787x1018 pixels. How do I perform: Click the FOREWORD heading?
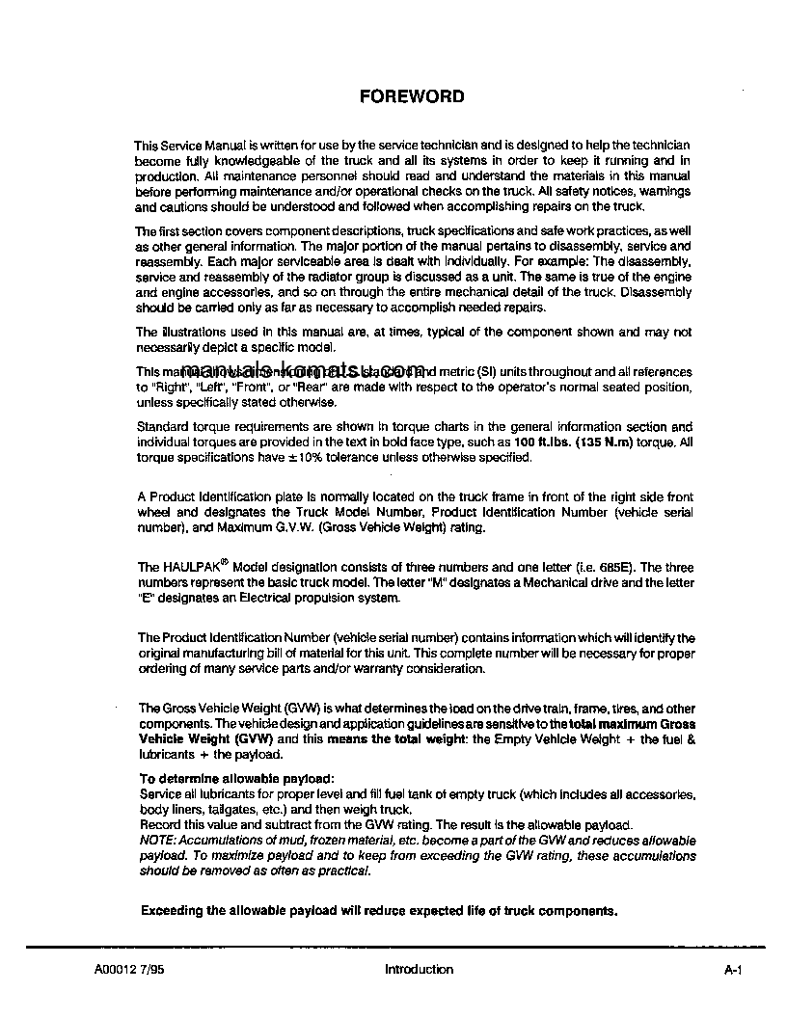click(412, 96)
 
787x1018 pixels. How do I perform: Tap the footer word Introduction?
click(419, 970)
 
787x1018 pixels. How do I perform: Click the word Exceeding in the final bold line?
click(176, 910)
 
